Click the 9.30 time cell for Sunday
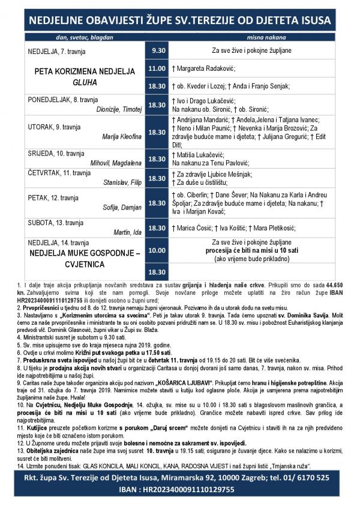[157, 51]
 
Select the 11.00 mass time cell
[157, 68]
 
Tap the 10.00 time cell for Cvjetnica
[157, 250]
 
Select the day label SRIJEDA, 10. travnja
[56, 153]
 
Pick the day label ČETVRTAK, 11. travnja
[58, 172]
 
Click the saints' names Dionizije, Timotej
[119, 109]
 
